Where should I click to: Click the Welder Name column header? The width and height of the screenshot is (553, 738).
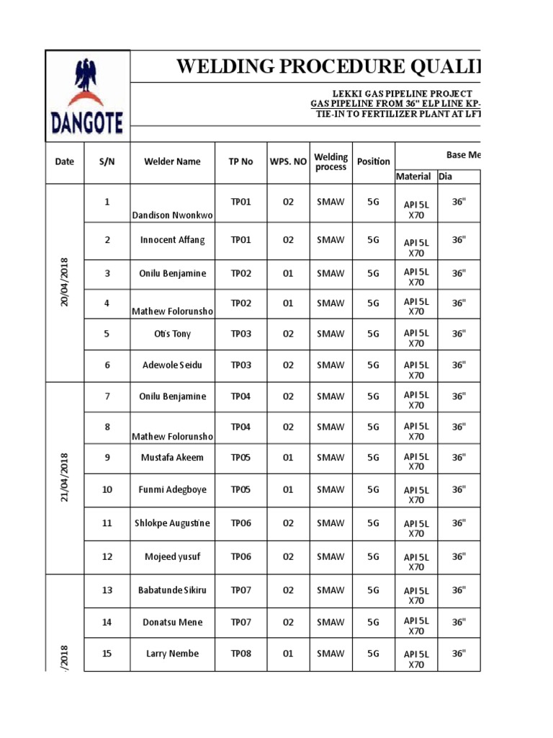click(x=172, y=161)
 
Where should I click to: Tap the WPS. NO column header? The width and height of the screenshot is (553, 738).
click(x=288, y=161)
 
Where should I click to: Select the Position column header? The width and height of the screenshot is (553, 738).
click(x=373, y=161)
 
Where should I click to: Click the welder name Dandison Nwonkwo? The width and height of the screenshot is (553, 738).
click(x=172, y=215)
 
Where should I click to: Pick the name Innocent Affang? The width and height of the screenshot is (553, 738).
click(x=172, y=240)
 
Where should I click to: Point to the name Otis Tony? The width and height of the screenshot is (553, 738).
click(x=172, y=334)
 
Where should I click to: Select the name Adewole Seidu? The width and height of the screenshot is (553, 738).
click(x=172, y=365)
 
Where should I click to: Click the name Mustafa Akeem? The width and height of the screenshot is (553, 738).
click(x=172, y=457)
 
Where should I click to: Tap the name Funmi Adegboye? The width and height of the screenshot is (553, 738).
click(x=172, y=489)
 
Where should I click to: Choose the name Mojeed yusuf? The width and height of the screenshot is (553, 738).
click(x=172, y=556)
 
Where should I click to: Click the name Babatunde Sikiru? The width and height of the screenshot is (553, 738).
click(x=172, y=590)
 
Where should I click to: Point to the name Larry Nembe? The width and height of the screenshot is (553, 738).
click(x=172, y=654)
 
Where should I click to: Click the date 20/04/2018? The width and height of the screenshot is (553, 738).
click(x=65, y=283)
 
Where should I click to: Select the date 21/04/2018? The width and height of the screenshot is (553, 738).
click(x=65, y=477)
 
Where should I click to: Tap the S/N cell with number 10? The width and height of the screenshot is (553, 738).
click(x=107, y=489)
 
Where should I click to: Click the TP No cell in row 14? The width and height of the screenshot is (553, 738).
click(x=240, y=622)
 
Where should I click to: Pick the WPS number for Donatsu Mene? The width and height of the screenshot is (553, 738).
click(x=288, y=622)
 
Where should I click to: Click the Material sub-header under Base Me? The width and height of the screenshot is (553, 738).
click(x=413, y=177)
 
